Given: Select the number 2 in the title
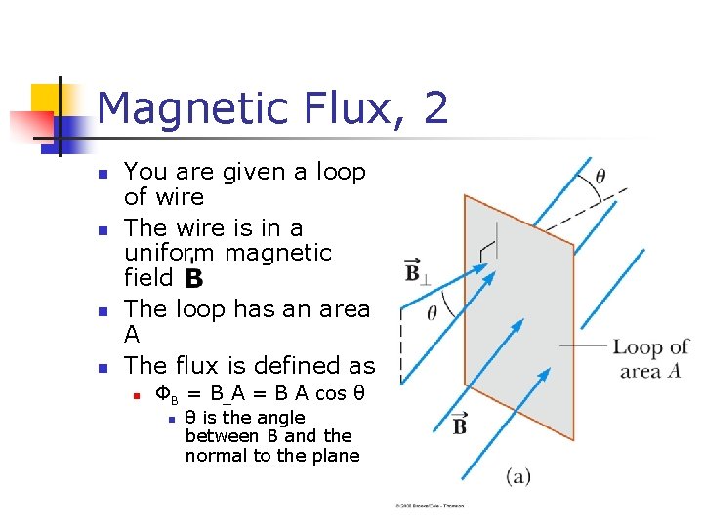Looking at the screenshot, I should (436, 107).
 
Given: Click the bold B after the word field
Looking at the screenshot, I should (192, 279).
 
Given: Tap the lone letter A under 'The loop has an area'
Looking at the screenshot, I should (133, 335).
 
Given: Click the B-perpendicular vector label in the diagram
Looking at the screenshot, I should (412, 270).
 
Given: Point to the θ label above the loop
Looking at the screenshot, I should (600, 176).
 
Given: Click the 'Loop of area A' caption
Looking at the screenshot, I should (650, 358).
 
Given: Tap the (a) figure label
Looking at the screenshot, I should (518, 475).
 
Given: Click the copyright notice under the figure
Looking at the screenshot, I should (430, 506).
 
